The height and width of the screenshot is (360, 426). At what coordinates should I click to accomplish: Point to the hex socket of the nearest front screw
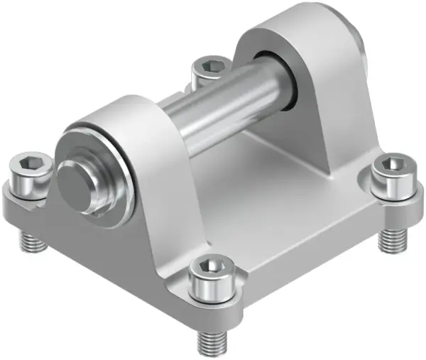click(209, 267)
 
